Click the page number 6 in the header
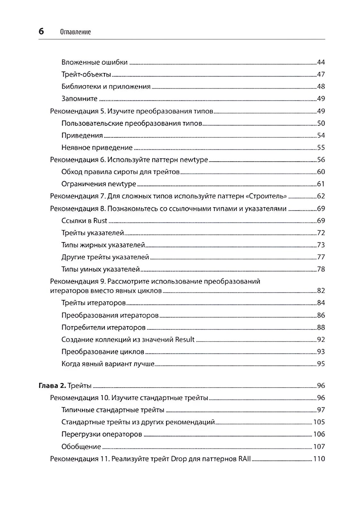point(41,31)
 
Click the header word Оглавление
point(75,32)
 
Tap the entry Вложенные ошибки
point(94,62)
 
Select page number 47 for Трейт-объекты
point(321,74)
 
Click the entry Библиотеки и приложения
point(106,87)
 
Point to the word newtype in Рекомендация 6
point(194,160)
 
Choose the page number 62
point(321,196)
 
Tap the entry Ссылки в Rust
point(84,221)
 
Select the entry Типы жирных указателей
point(103,245)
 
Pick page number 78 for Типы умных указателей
point(321,269)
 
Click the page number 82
point(321,291)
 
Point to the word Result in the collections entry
point(185,340)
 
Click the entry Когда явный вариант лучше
point(108,364)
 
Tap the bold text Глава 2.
point(52,386)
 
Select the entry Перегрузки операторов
point(101,434)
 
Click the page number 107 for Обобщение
point(319,447)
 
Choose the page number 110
point(319,459)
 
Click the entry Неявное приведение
point(97,148)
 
